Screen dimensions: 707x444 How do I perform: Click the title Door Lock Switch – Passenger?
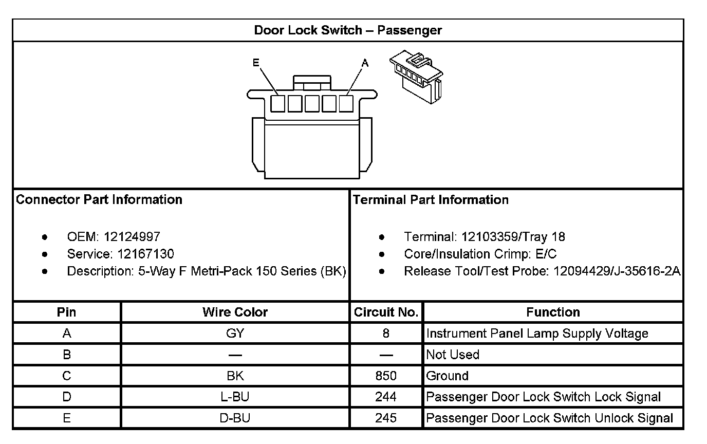point(348,30)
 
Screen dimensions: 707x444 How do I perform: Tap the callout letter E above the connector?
point(256,63)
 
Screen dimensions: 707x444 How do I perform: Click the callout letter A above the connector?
point(365,63)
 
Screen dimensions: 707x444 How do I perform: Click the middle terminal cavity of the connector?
point(312,104)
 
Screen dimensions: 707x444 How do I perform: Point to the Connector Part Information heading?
point(99,199)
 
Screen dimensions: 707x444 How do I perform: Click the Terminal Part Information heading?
point(431,199)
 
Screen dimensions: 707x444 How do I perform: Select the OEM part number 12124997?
point(132,237)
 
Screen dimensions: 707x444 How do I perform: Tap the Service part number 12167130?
point(145,254)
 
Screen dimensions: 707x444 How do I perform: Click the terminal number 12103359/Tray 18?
point(513,237)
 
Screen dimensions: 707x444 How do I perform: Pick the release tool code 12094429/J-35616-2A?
point(617,271)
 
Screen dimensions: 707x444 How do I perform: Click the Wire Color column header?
point(235,312)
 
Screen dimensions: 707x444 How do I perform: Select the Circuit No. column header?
point(386,312)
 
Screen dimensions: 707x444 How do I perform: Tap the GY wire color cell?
point(235,334)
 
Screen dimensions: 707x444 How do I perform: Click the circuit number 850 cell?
point(386,376)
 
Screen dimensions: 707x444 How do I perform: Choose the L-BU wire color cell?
point(235,397)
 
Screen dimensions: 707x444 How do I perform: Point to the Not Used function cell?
point(453,355)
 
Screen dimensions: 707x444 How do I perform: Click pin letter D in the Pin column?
point(67,397)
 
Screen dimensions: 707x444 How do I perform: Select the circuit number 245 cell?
point(386,418)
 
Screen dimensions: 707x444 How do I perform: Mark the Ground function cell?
point(447,376)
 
